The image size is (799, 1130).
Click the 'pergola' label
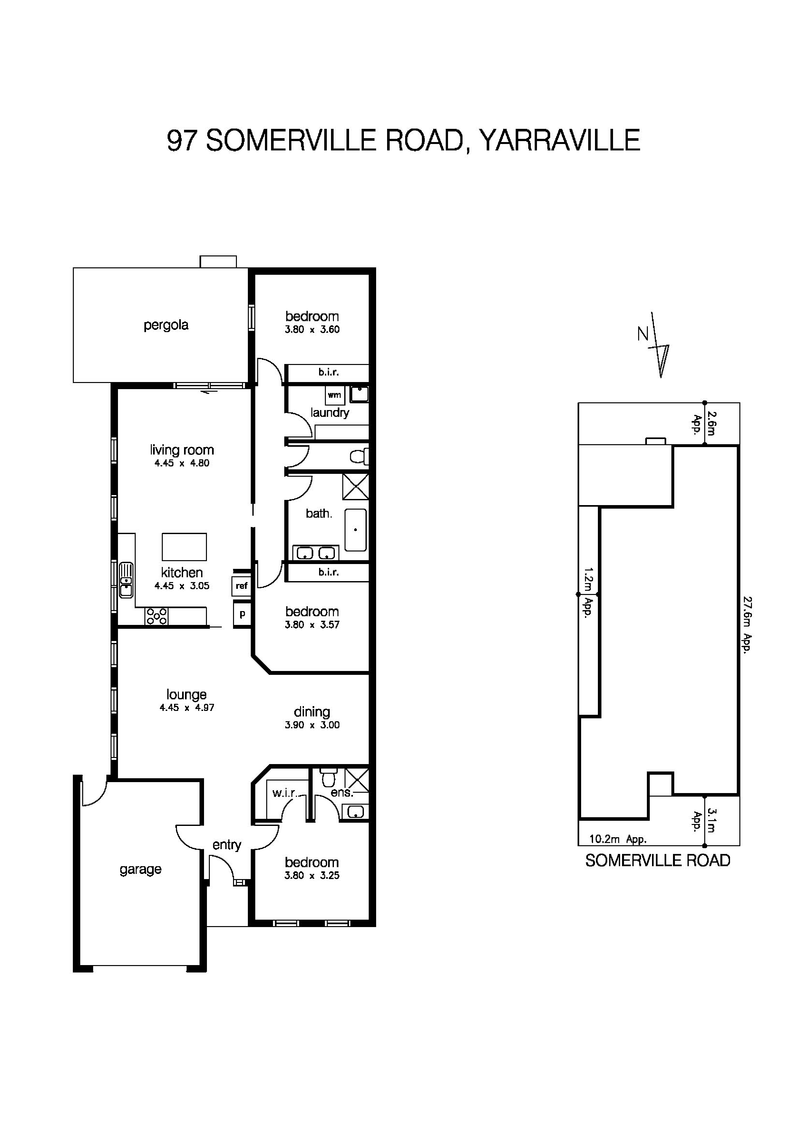coord(166,325)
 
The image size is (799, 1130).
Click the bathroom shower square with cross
coord(356,486)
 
